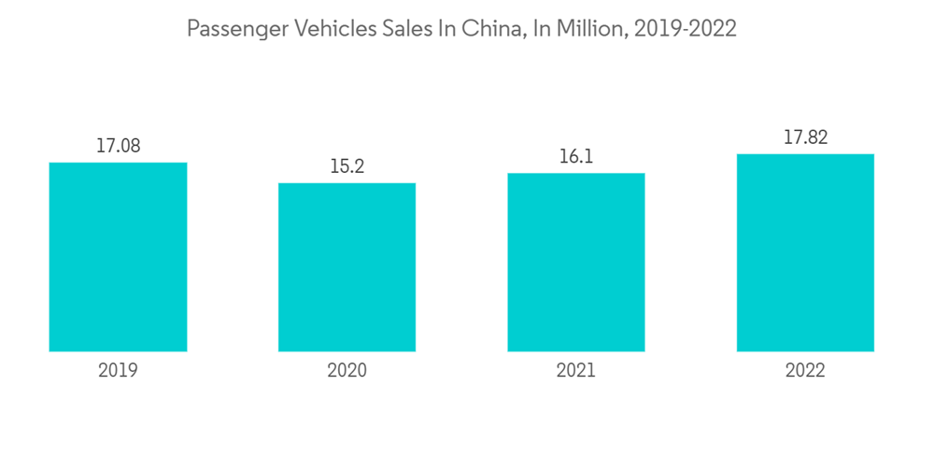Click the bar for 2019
[x=118, y=257]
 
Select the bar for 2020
[x=347, y=267]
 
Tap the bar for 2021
[x=575, y=263]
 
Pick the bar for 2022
[x=805, y=252]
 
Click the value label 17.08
[x=118, y=146]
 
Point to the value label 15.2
[x=347, y=166]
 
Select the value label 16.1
[x=575, y=157]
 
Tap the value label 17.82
[x=805, y=137]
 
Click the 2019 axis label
[x=118, y=371]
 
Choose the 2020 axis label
[x=347, y=371]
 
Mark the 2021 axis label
[x=575, y=371]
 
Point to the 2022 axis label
[x=805, y=371]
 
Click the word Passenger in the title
[x=238, y=30]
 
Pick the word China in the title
[x=490, y=29]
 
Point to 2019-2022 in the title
[x=685, y=29]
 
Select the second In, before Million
[x=540, y=29]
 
